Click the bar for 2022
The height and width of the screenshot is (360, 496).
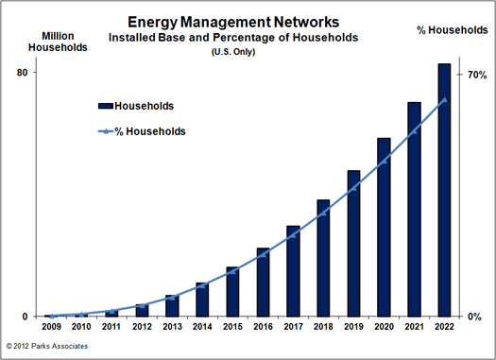tap(444, 189)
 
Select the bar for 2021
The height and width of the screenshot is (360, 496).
tap(414, 209)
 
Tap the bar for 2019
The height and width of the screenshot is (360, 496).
tap(353, 243)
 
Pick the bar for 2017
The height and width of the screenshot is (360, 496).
tap(293, 270)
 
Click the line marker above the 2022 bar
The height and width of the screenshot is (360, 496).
tap(444, 99)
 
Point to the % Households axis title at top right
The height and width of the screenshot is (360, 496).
tap(452, 31)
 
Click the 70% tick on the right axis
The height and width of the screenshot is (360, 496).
tap(475, 75)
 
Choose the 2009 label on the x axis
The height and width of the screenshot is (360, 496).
tap(51, 327)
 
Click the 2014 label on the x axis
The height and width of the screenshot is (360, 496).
tap(202, 327)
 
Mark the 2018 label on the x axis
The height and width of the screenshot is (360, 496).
tap(323, 327)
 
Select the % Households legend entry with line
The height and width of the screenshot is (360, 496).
tap(142, 131)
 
